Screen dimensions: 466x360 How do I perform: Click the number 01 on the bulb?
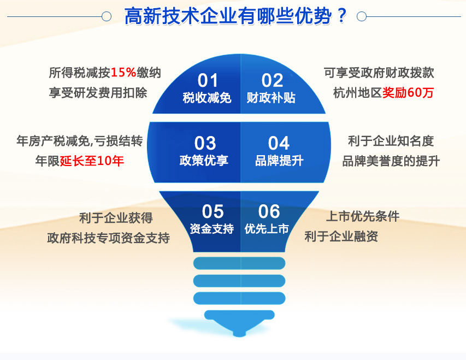[208, 80]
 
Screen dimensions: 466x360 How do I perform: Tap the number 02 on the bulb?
[272, 80]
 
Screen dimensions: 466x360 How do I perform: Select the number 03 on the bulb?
[205, 143]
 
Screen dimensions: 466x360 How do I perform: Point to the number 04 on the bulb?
[279, 143]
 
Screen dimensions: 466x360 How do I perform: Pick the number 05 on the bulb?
[213, 211]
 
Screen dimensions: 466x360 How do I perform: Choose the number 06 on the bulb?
[269, 211]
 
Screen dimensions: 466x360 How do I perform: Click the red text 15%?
[123, 73]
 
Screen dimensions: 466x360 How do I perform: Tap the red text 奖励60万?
[408, 93]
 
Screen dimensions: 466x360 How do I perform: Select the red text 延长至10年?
[92, 161]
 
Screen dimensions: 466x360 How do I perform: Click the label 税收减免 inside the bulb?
[207, 98]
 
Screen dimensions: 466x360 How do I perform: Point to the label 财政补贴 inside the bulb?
[271, 98]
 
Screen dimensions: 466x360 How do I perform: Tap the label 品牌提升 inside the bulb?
[279, 161]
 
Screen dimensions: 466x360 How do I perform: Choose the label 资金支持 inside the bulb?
[211, 229]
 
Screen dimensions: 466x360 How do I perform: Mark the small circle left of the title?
[107, 16]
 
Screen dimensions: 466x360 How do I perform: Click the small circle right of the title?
[362, 16]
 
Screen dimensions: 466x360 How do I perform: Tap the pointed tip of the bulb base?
[239, 336]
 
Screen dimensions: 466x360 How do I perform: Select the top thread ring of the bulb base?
[239, 263]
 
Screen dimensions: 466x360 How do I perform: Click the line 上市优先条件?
[363, 216]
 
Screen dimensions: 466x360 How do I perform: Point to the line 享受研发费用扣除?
[98, 93]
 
